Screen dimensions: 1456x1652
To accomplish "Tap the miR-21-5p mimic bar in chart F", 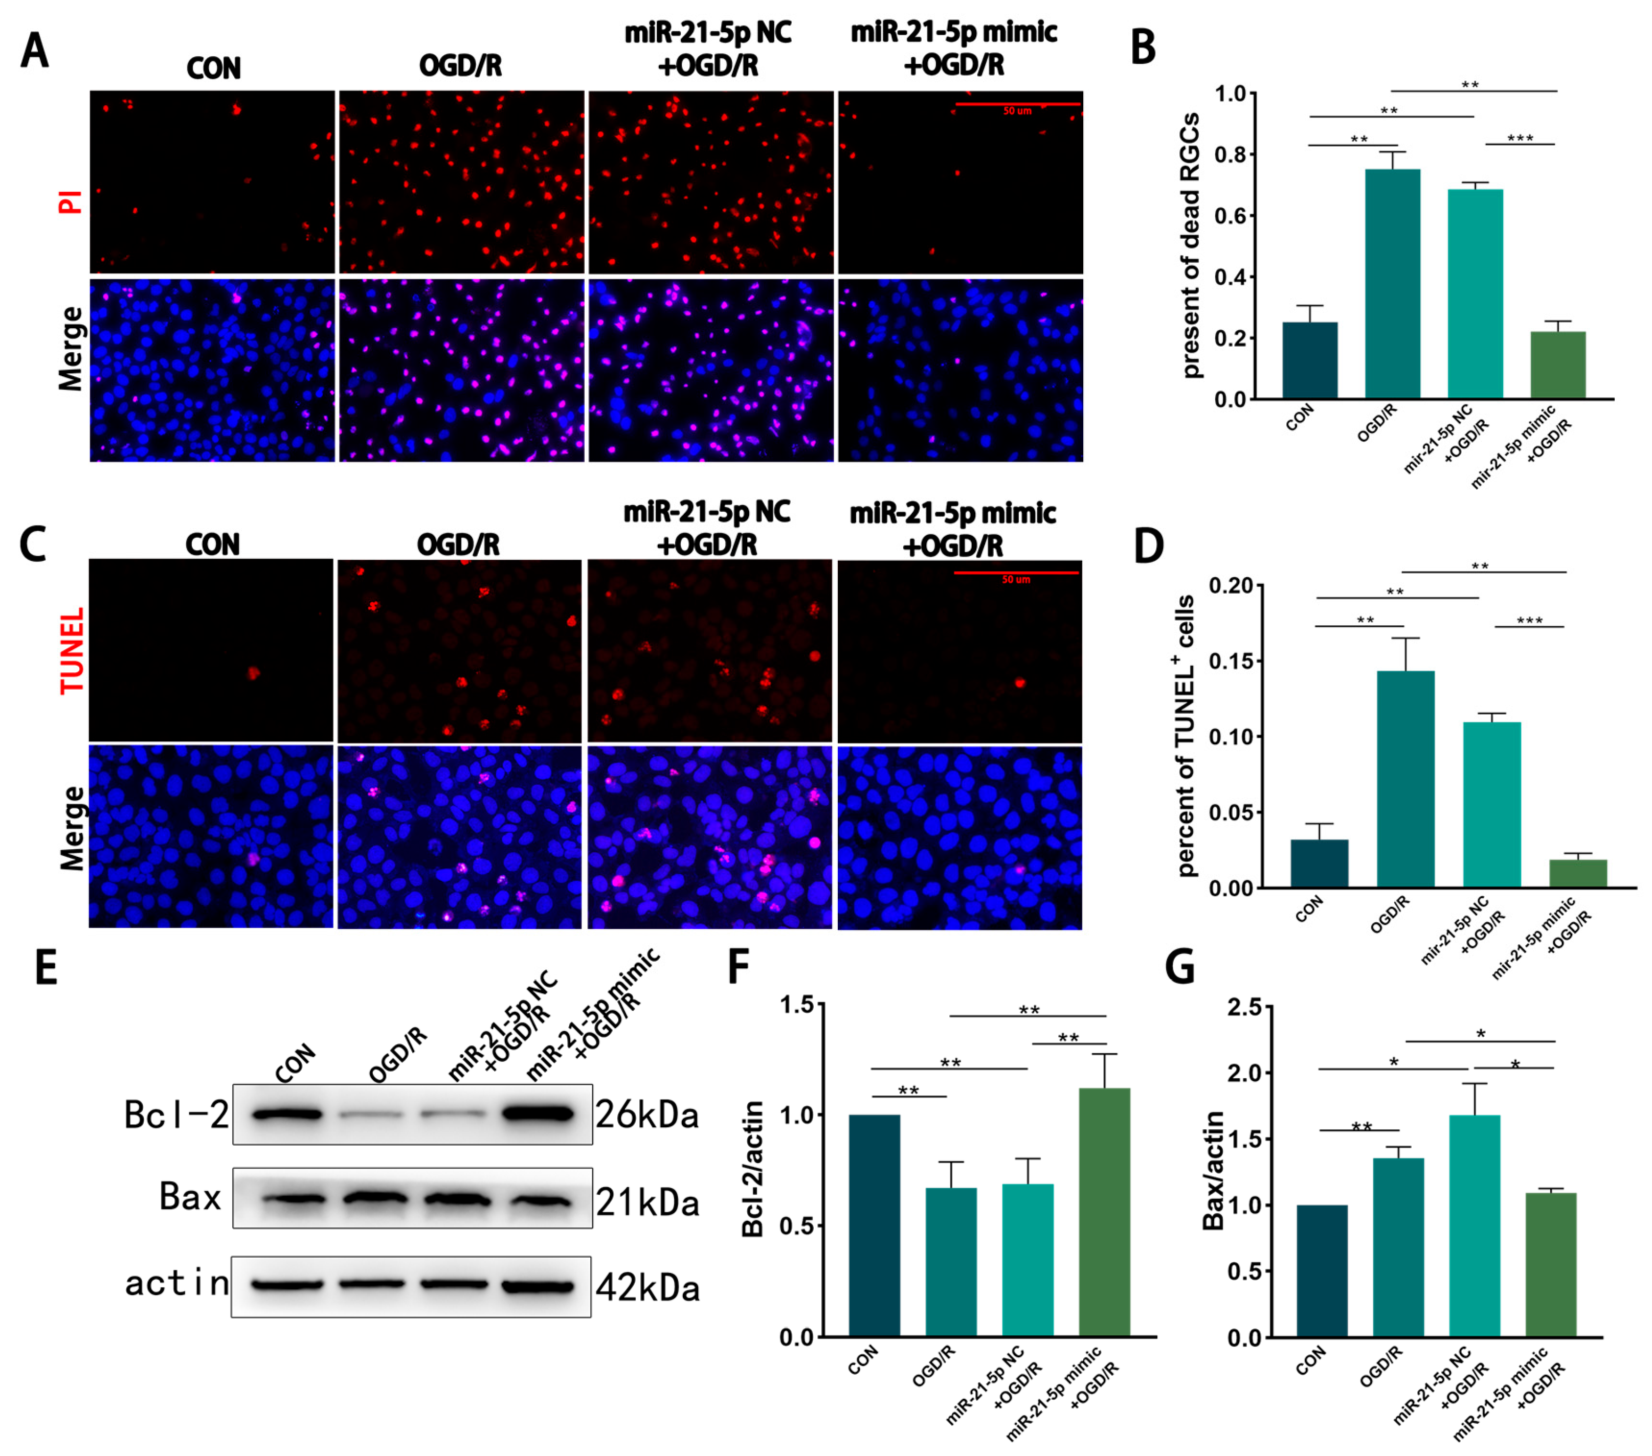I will click(1104, 1212).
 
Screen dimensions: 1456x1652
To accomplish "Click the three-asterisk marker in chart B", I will click(1520, 138).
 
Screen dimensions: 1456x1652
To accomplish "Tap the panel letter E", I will click(46, 967).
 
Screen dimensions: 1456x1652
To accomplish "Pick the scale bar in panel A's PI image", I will click(1018, 104).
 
